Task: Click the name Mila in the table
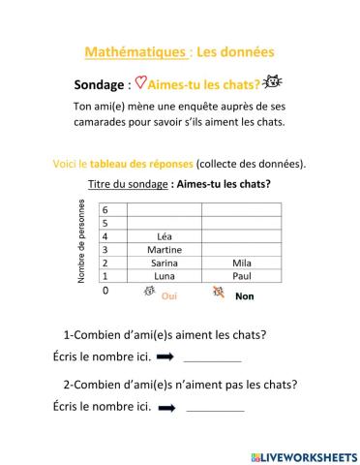(x=243, y=263)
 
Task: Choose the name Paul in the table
(x=243, y=276)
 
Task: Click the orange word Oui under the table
(x=169, y=296)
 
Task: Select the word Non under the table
(x=244, y=296)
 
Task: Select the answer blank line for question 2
(x=215, y=410)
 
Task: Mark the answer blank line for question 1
(x=211, y=359)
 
